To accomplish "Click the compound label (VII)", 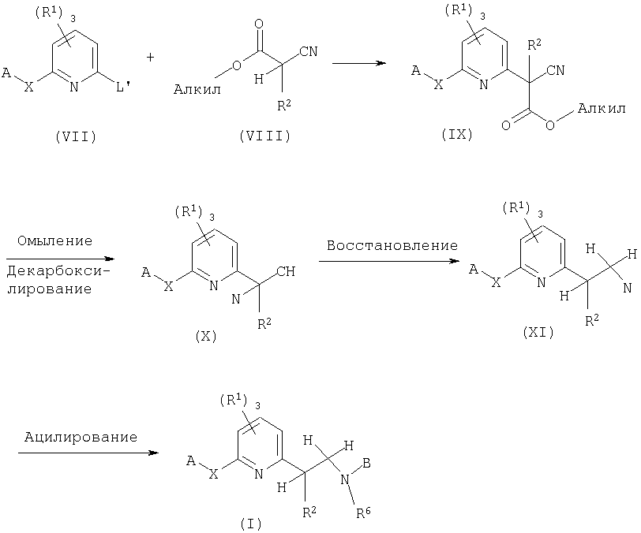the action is pyautogui.click(x=76, y=136).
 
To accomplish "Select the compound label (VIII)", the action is pyautogui.click(x=265, y=136).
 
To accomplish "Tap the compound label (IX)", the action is pyautogui.click(x=457, y=134).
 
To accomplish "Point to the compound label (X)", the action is pyautogui.click(x=206, y=336).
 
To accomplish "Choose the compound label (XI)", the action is pyautogui.click(x=538, y=333).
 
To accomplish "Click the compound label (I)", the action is pyautogui.click(x=251, y=524).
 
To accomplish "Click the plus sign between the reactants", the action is pyautogui.click(x=151, y=58).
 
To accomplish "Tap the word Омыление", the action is pyautogui.click(x=54, y=241).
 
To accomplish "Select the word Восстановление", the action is pyautogui.click(x=392, y=245).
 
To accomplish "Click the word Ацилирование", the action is pyautogui.click(x=81, y=438).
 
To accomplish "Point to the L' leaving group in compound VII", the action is pyautogui.click(x=122, y=87).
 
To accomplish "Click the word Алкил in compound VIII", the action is pyautogui.click(x=197, y=89).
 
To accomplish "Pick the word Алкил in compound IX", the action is pyautogui.click(x=602, y=108).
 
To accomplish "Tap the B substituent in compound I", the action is pyautogui.click(x=367, y=464).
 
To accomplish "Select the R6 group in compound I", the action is pyautogui.click(x=363, y=512).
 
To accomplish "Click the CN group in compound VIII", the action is pyautogui.click(x=309, y=51).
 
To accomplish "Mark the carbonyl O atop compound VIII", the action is pyautogui.click(x=259, y=24).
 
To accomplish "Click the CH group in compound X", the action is pyautogui.click(x=286, y=271).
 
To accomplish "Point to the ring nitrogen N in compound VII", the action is pyautogui.click(x=74, y=87).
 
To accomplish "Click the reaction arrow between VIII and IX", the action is pyautogui.click(x=359, y=63).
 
